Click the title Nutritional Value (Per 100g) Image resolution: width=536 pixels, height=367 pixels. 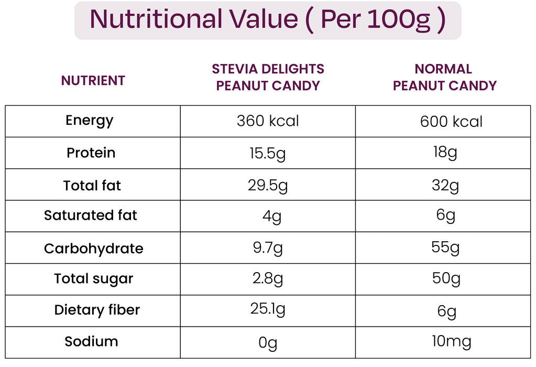[x=268, y=20]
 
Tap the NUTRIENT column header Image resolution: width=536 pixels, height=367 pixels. [x=93, y=81]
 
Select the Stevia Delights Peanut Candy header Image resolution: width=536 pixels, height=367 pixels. [x=268, y=77]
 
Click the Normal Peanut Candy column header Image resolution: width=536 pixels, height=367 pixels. [x=444, y=77]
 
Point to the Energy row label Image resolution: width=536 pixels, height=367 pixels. [x=90, y=121]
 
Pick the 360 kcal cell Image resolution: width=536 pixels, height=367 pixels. [x=268, y=121]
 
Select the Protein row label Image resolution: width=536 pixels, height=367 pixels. [x=91, y=153]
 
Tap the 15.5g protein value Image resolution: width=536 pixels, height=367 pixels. [x=267, y=154]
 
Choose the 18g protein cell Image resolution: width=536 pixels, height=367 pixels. [x=445, y=153]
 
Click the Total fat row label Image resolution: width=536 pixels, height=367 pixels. [x=92, y=185]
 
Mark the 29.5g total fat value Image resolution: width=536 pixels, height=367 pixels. [x=268, y=186]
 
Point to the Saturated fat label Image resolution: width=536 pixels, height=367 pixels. [x=91, y=215]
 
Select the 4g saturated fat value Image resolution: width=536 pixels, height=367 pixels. [x=272, y=217]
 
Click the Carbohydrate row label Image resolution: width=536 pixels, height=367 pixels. [x=93, y=249]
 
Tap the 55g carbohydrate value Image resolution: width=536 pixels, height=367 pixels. [x=445, y=247]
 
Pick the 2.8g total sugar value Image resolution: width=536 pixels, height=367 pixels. [x=268, y=279]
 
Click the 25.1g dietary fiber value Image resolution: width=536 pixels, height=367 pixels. [x=268, y=310]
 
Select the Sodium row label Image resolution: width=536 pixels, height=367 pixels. [x=91, y=341]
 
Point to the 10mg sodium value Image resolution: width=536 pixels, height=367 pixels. [x=452, y=342]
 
